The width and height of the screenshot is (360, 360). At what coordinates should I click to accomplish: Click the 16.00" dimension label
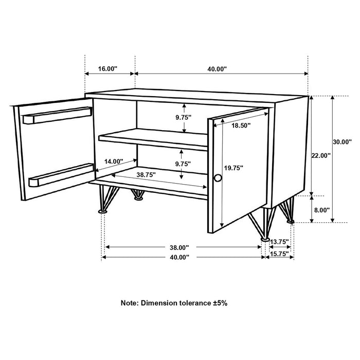pyautogui.click(x=108, y=68)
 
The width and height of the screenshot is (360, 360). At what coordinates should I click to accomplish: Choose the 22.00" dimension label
pyautogui.click(x=320, y=154)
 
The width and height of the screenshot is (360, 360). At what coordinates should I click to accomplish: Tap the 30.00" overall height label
pyautogui.click(x=342, y=141)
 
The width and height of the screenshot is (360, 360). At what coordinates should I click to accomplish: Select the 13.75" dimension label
pyautogui.click(x=279, y=241)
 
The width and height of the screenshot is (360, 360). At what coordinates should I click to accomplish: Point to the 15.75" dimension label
pyautogui.click(x=279, y=254)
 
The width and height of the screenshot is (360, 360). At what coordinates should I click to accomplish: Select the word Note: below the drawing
pyautogui.click(x=129, y=303)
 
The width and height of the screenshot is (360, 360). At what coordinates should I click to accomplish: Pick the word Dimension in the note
pyautogui.click(x=160, y=303)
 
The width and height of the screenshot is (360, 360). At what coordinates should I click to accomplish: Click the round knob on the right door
pyautogui.click(x=218, y=178)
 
